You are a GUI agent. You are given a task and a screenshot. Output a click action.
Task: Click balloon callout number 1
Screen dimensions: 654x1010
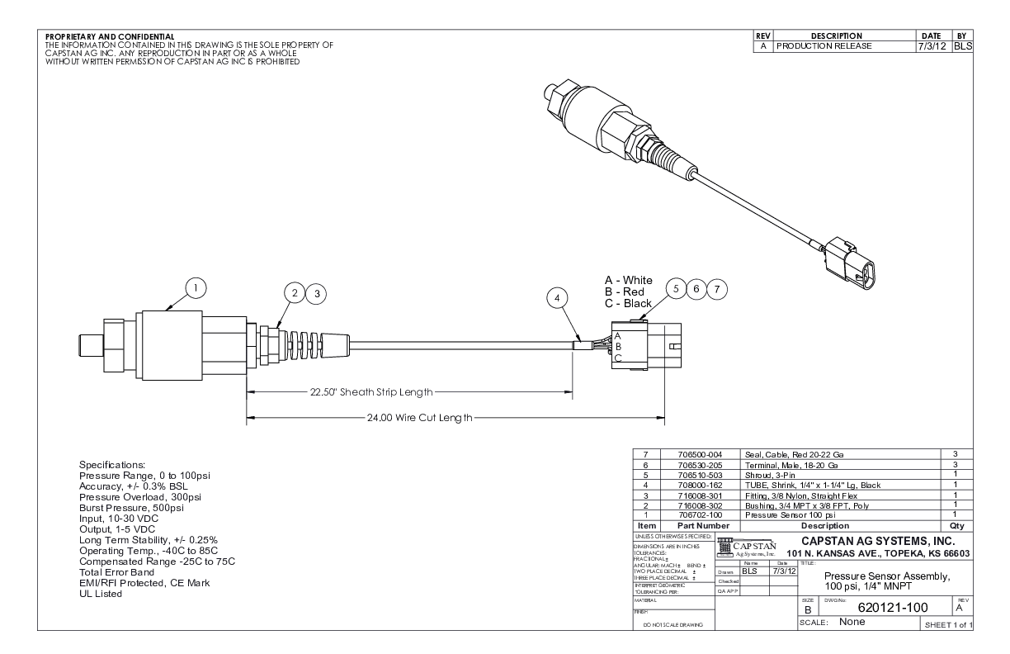point(196,287)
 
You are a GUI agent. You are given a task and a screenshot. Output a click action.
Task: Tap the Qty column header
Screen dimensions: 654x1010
point(957,525)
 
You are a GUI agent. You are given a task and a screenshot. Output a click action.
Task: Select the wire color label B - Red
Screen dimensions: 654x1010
point(628,291)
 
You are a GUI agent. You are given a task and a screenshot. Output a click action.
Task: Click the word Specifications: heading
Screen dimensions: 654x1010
point(112,465)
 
